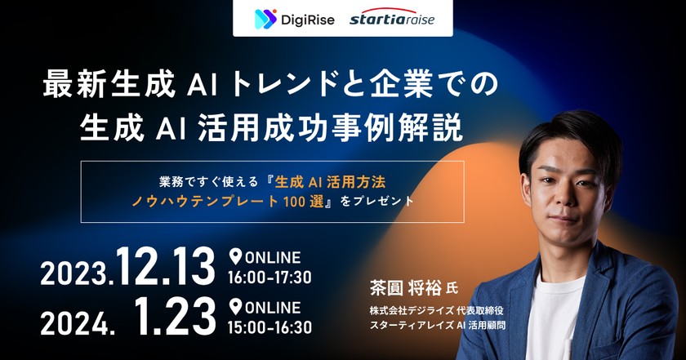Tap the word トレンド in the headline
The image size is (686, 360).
[x=272, y=85]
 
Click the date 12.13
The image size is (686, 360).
[x=166, y=267]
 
